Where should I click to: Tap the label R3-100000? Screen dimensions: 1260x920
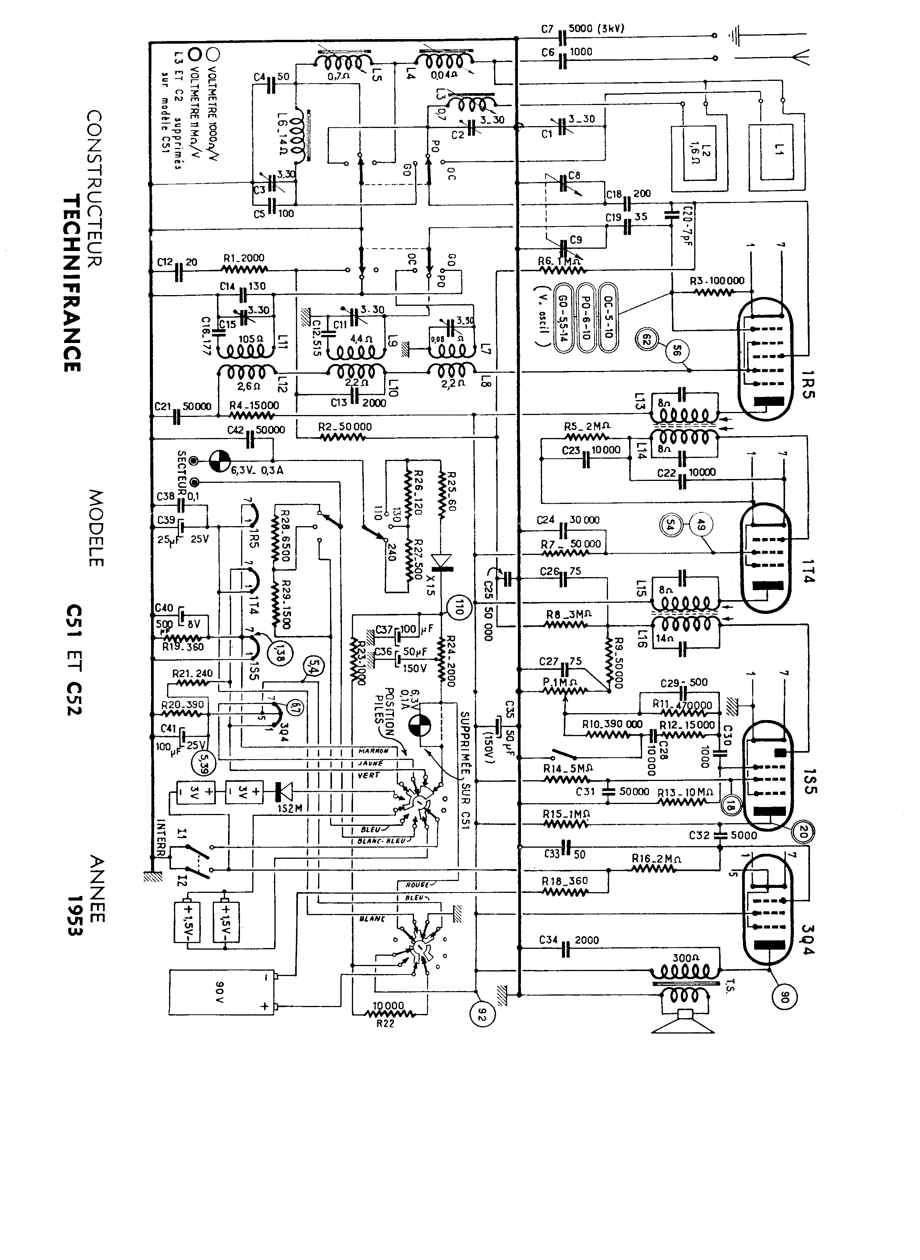click(717, 281)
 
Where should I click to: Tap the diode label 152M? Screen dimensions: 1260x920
click(289, 808)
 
